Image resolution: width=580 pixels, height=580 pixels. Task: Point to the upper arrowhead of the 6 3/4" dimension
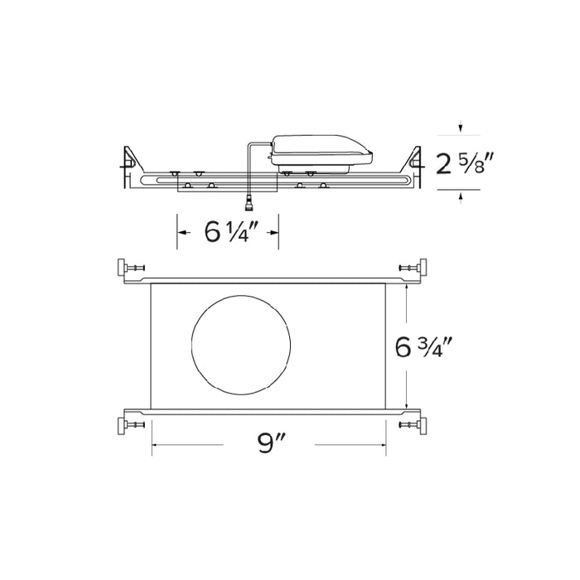tap(407, 287)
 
